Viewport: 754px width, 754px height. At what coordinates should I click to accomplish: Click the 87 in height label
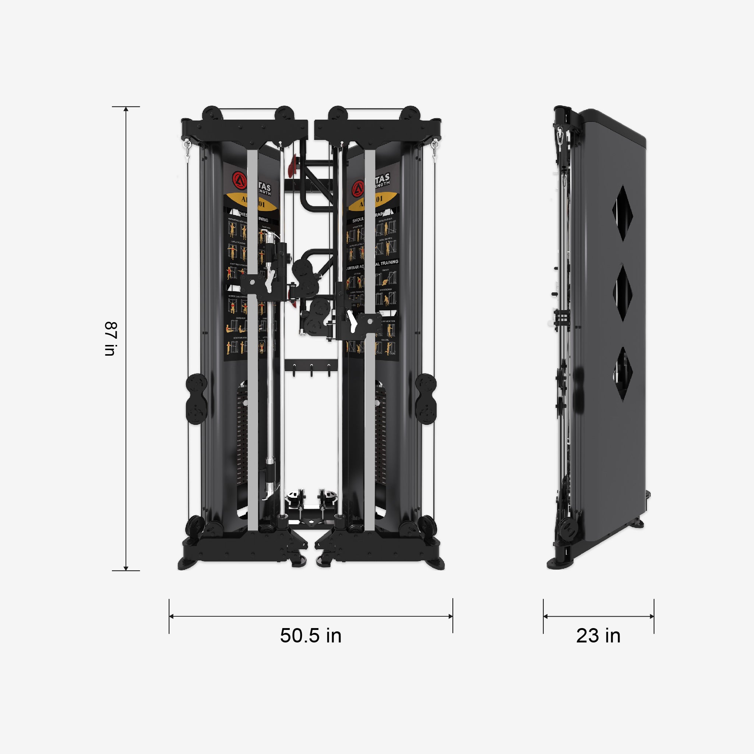[111, 338]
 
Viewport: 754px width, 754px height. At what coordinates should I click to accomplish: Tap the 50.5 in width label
[311, 635]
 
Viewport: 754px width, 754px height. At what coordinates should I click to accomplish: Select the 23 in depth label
[598, 635]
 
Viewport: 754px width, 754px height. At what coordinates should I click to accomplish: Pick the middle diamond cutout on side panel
[622, 292]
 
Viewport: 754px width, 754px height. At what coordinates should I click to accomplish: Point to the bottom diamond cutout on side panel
[622, 374]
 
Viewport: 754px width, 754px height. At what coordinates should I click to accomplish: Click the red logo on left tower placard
[239, 180]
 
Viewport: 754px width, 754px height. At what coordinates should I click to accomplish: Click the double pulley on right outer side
[426, 399]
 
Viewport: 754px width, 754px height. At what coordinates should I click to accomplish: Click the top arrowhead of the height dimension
[126, 109]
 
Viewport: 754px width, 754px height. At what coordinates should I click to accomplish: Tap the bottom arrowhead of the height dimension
[126, 568]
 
